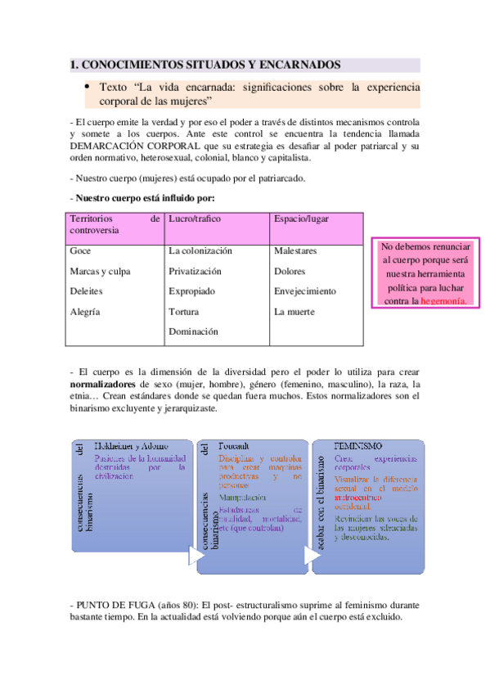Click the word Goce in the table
(81, 250)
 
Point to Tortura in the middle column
(183, 312)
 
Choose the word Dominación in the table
(193, 332)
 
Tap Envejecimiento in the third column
(305, 291)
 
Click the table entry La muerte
(294, 312)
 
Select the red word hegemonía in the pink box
(447, 301)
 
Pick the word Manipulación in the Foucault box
(243, 497)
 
